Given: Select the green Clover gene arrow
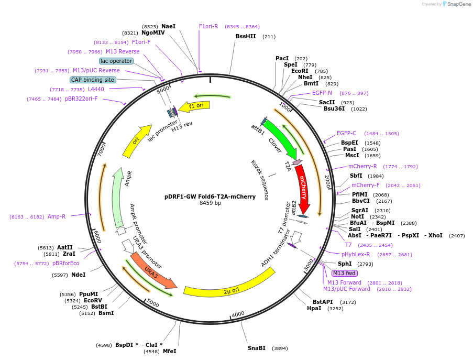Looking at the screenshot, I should click(x=280, y=138).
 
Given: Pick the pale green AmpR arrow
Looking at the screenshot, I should click(x=117, y=197).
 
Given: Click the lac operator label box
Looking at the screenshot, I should click(x=116, y=61).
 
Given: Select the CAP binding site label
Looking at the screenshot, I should click(x=93, y=80).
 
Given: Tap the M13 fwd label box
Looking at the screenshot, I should click(x=345, y=273).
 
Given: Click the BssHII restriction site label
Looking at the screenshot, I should click(x=246, y=37).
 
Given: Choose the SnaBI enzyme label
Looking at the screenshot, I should click(x=257, y=348).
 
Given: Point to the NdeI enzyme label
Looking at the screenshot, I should click(x=79, y=275).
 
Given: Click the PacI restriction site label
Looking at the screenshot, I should click(x=282, y=58).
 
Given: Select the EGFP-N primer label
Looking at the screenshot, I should click(x=322, y=93).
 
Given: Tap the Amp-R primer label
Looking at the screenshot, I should click(x=57, y=216).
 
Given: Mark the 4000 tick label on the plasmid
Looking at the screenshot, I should click(x=238, y=314).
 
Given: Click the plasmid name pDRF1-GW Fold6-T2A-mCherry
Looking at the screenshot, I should click(x=210, y=197).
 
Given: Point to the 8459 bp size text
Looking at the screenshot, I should click(x=210, y=203).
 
